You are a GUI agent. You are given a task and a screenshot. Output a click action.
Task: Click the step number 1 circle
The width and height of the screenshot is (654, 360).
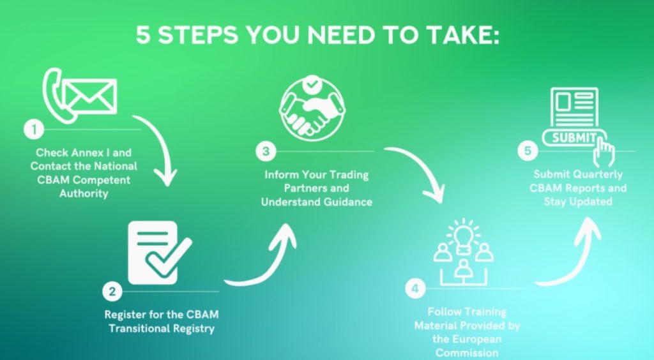pyautogui.click(x=33, y=130)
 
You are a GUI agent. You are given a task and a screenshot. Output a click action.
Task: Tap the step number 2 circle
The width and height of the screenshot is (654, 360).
pyautogui.click(x=112, y=292)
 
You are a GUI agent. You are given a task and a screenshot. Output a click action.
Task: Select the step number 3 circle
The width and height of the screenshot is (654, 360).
pyautogui.click(x=266, y=151)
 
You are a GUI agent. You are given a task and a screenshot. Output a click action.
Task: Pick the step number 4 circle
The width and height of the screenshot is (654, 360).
pyautogui.click(x=415, y=289)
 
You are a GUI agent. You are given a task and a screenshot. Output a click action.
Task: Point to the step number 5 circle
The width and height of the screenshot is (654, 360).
pyautogui.click(x=527, y=151)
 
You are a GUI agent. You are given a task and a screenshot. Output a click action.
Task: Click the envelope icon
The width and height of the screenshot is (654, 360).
pyautogui.click(x=91, y=96)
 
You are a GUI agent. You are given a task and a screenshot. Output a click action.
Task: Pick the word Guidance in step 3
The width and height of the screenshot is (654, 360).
pyautogui.click(x=346, y=202)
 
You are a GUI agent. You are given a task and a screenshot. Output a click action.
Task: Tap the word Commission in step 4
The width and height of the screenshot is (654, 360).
pyautogui.click(x=467, y=352)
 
